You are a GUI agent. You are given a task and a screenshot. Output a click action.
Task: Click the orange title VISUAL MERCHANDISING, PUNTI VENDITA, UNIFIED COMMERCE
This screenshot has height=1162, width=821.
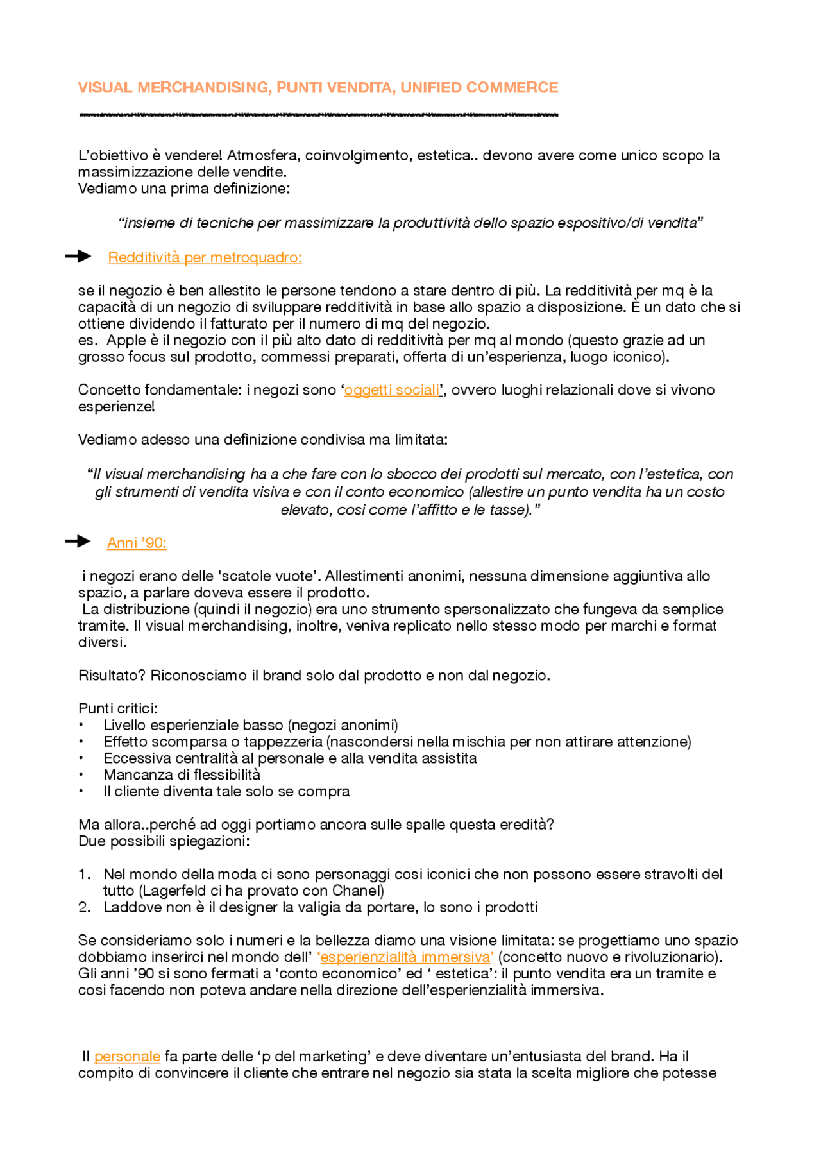point(317,87)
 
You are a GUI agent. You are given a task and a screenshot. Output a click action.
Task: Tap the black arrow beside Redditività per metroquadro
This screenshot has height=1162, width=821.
point(78,257)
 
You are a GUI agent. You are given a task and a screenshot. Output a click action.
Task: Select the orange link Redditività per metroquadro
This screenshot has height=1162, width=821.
point(205,257)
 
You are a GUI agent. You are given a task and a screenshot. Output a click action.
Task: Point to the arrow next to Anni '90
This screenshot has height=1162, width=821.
point(78,542)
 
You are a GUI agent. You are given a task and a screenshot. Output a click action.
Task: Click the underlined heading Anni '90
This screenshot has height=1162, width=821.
point(137,543)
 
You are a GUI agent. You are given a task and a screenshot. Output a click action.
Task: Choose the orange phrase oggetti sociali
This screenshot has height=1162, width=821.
point(392,390)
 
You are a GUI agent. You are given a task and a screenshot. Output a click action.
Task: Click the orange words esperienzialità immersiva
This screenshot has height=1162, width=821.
point(405,957)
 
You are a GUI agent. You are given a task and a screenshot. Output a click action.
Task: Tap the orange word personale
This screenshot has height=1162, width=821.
point(127,1057)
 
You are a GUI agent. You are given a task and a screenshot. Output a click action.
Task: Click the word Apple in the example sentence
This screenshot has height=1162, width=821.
point(126,341)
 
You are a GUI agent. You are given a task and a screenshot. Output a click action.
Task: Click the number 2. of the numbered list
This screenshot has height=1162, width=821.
point(85,908)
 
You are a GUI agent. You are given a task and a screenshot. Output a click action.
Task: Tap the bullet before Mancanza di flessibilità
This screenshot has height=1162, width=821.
point(81,775)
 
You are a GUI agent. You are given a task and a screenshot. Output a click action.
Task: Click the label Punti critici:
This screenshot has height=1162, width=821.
point(118,709)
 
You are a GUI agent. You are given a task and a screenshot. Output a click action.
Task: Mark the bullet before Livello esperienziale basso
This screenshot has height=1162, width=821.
point(81,726)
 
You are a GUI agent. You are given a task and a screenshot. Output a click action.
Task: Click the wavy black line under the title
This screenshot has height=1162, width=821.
point(317,115)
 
